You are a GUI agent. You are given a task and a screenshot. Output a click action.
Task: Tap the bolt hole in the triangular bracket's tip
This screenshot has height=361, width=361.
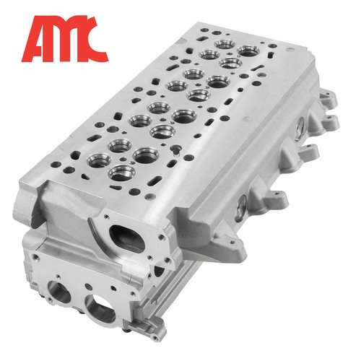pyautogui.click(x=232, y=242)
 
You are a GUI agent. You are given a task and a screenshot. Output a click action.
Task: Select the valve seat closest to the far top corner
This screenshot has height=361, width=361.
pyautogui.click(x=248, y=51)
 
